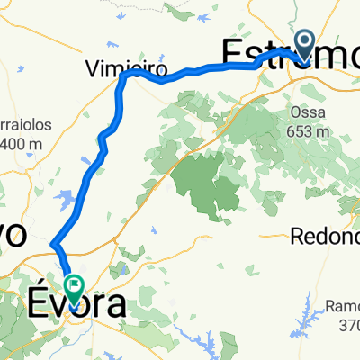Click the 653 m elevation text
point(306,130)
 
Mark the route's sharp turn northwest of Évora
point(55,243)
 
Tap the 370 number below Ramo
point(346,325)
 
